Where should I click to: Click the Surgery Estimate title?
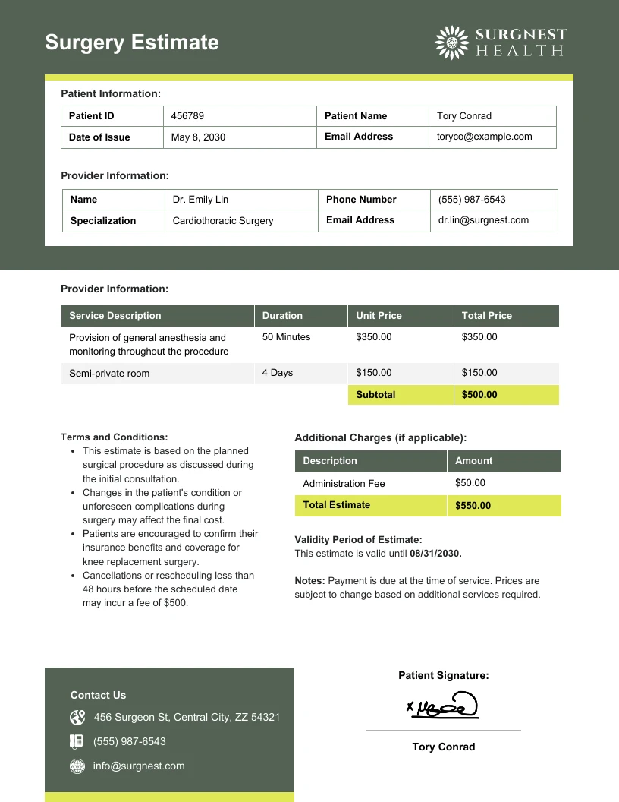coord(131,43)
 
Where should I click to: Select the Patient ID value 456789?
coord(187,116)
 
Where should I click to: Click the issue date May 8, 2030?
coord(198,137)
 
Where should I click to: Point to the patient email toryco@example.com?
coord(485,137)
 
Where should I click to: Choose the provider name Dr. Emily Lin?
coord(200,200)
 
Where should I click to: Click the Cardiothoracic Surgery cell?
coord(223,221)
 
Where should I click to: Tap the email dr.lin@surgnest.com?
coord(483,220)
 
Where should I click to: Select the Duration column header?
coord(282,316)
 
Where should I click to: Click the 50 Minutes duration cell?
coord(286,337)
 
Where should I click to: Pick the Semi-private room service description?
coord(109,374)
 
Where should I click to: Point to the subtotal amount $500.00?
coord(479,395)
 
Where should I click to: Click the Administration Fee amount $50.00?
coord(470,483)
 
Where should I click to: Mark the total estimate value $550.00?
coord(473,506)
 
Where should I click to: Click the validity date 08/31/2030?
coord(435,554)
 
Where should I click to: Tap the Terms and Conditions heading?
coord(114,437)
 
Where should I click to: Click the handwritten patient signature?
coord(444,706)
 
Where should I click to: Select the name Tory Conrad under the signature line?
coord(444,747)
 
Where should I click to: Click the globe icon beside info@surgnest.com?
coord(77,766)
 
